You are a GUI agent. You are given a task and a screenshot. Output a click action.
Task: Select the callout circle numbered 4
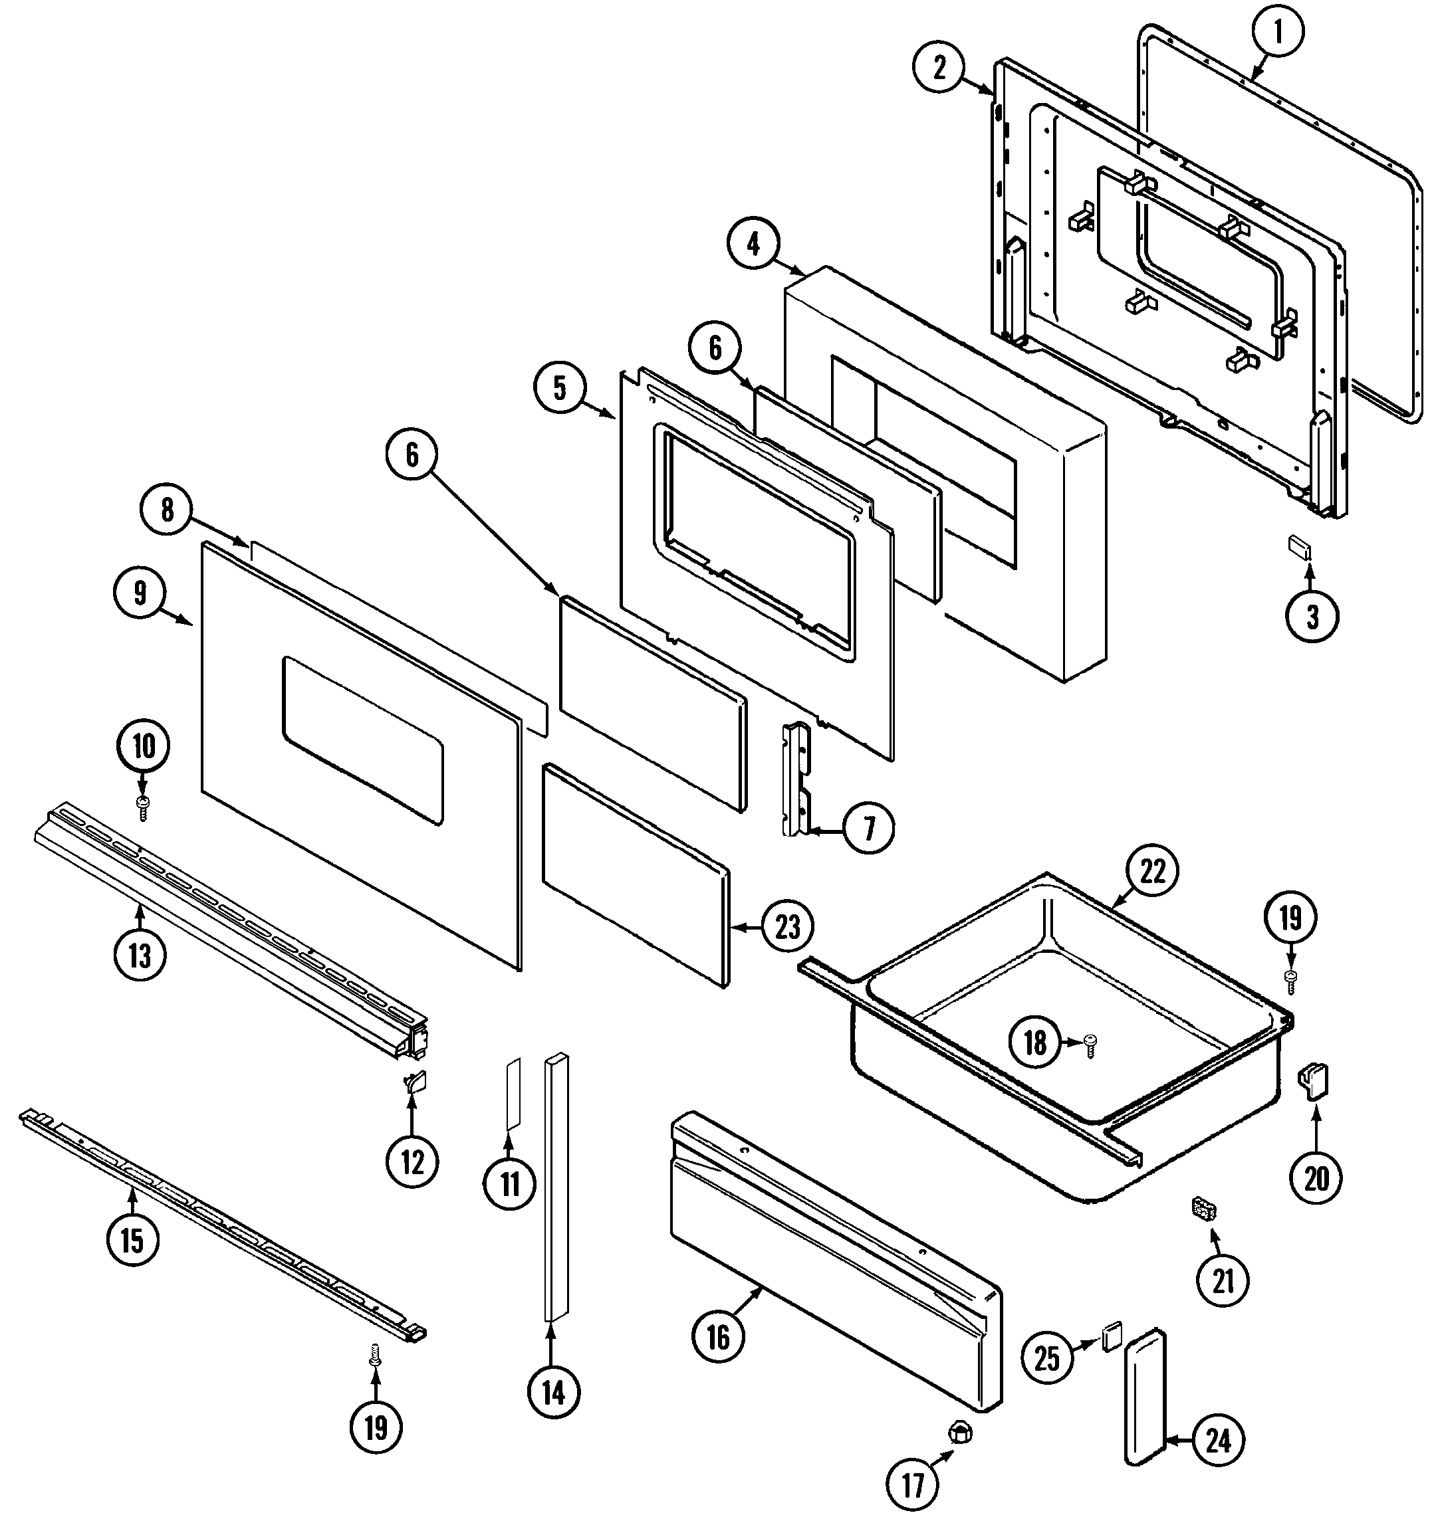point(753,245)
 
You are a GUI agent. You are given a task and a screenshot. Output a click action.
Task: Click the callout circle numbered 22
point(1152,871)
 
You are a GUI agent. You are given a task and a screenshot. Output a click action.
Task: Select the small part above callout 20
point(1314,1082)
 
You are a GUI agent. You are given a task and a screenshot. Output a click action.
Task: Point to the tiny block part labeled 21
point(1204,1211)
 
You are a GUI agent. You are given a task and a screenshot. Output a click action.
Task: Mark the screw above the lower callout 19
point(374,1356)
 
